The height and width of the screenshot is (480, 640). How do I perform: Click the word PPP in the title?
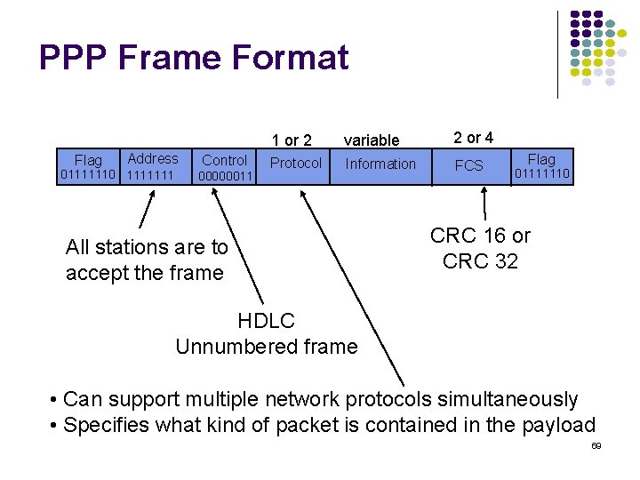(73, 58)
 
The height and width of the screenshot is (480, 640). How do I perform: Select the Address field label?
(153, 158)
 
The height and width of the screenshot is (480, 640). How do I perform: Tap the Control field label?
(224, 160)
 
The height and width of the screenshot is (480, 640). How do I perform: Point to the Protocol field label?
(296, 163)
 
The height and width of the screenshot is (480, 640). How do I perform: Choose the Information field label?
(380, 164)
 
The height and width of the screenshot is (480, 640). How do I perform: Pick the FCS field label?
(468, 165)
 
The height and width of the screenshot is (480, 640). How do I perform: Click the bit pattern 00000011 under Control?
(226, 176)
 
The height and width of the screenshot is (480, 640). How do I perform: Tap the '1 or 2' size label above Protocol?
(292, 140)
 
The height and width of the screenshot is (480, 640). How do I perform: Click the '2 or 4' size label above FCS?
(473, 138)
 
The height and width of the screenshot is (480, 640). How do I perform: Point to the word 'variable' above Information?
(372, 140)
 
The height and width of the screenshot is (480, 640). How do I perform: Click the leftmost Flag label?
(88, 160)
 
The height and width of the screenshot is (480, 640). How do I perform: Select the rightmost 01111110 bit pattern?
(541, 174)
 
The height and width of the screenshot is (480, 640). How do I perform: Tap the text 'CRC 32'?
(480, 261)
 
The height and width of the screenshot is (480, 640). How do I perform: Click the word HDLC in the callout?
(266, 321)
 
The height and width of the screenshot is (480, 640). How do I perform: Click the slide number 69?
(596, 444)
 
